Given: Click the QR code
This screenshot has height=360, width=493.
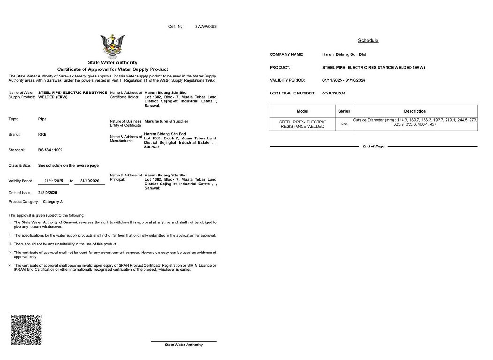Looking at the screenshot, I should click(x=26, y=330).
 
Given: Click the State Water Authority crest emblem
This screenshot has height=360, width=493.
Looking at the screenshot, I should click(x=113, y=46).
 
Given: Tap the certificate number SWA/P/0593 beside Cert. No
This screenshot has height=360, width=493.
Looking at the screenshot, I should click(x=206, y=27).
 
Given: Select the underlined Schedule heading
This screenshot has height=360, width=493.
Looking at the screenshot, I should click(x=368, y=41).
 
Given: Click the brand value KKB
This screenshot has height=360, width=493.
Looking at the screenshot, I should click(x=42, y=135).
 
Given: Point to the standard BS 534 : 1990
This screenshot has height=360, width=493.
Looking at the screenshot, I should click(x=50, y=150).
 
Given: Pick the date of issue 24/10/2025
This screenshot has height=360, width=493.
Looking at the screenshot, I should click(x=48, y=193).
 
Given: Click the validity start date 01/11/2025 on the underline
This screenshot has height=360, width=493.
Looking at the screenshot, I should click(x=53, y=181).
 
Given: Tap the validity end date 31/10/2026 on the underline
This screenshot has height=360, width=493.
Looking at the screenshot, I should click(x=90, y=181).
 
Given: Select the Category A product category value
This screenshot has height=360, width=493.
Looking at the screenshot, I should click(x=53, y=202).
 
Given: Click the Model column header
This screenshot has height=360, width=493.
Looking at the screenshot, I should click(x=303, y=111).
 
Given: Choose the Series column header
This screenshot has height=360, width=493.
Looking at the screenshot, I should click(x=344, y=111).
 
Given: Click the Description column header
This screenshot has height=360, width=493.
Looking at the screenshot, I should click(x=415, y=111).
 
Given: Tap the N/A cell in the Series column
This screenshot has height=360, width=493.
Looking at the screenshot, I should click(x=344, y=124).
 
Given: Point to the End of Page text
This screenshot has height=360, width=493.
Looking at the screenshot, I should click(x=373, y=146).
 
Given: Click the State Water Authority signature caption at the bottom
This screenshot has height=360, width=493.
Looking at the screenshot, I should click(x=183, y=345).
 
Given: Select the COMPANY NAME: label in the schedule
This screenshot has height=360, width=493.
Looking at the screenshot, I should click(x=287, y=54).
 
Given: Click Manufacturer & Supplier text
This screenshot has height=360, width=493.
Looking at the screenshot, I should click(x=167, y=121).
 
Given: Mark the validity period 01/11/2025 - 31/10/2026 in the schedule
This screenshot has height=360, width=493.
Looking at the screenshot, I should click(x=344, y=80).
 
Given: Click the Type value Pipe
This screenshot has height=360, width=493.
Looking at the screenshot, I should click(x=42, y=119).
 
